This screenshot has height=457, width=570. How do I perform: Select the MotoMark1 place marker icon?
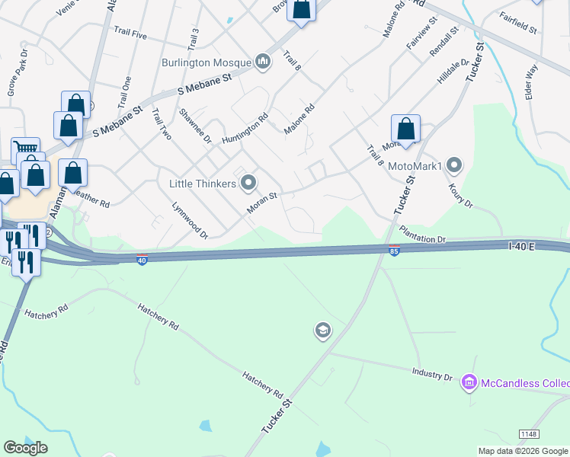[x=455, y=165]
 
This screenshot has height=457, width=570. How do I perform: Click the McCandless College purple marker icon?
[x=469, y=382]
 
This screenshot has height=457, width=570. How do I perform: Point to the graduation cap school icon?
[x=322, y=331]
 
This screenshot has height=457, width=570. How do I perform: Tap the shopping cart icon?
[x=25, y=149]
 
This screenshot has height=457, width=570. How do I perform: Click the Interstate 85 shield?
[x=394, y=251]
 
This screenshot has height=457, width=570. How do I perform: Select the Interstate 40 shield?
[x=142, y=260]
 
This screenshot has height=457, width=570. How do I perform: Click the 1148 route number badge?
[x=530, y=433]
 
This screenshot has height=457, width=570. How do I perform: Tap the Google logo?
[x=25, y=448]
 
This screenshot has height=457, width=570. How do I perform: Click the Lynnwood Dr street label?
[x=190, y=220]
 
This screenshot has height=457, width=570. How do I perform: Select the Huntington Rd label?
[x=245, y=129]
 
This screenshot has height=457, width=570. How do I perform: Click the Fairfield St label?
[x=518, y=24]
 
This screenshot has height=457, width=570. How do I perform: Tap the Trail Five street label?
[x=130, y=33]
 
